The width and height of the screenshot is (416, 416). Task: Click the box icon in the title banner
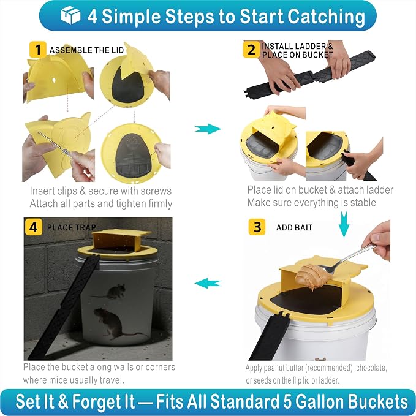[70, 15]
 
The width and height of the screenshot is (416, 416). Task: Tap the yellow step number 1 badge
[37, 50]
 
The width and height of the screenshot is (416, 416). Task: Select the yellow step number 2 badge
[251, 50]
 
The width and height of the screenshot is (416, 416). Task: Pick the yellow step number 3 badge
[257, 227]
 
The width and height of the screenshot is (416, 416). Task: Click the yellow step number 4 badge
[33, 227]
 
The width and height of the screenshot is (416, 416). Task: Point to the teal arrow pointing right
[208, 129]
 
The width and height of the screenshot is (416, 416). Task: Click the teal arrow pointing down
[344, 224]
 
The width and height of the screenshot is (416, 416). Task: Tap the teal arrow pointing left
[208, 283]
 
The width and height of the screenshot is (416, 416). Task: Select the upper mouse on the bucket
[113, 292]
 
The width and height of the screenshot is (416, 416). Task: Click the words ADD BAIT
[294, 228]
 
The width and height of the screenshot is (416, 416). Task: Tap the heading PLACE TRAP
[71, 227]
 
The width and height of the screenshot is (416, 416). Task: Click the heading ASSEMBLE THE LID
[86, 50]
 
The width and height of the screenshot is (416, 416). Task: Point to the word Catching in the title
[326, 17]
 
